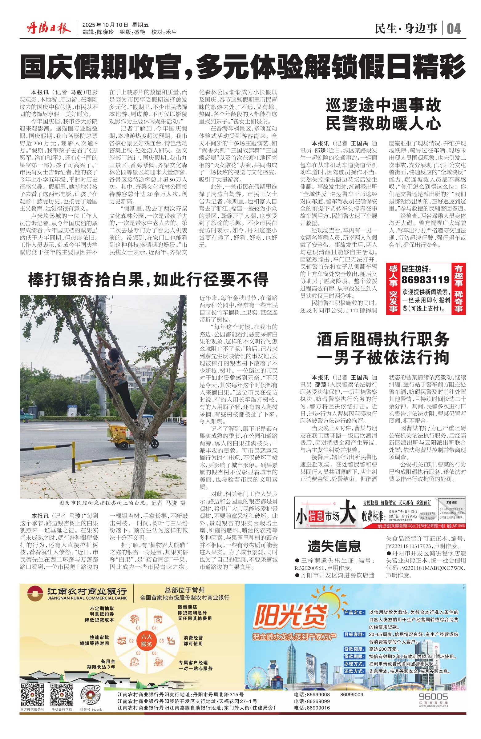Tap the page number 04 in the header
[453, 29]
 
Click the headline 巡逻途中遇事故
[383, 105]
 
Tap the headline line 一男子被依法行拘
[383, 357]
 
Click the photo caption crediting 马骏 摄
[123, 503]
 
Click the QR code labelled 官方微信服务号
[32, 694]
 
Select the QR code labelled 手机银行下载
[62, 694]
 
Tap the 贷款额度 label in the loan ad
[354, 649]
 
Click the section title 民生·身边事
[406, 29]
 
